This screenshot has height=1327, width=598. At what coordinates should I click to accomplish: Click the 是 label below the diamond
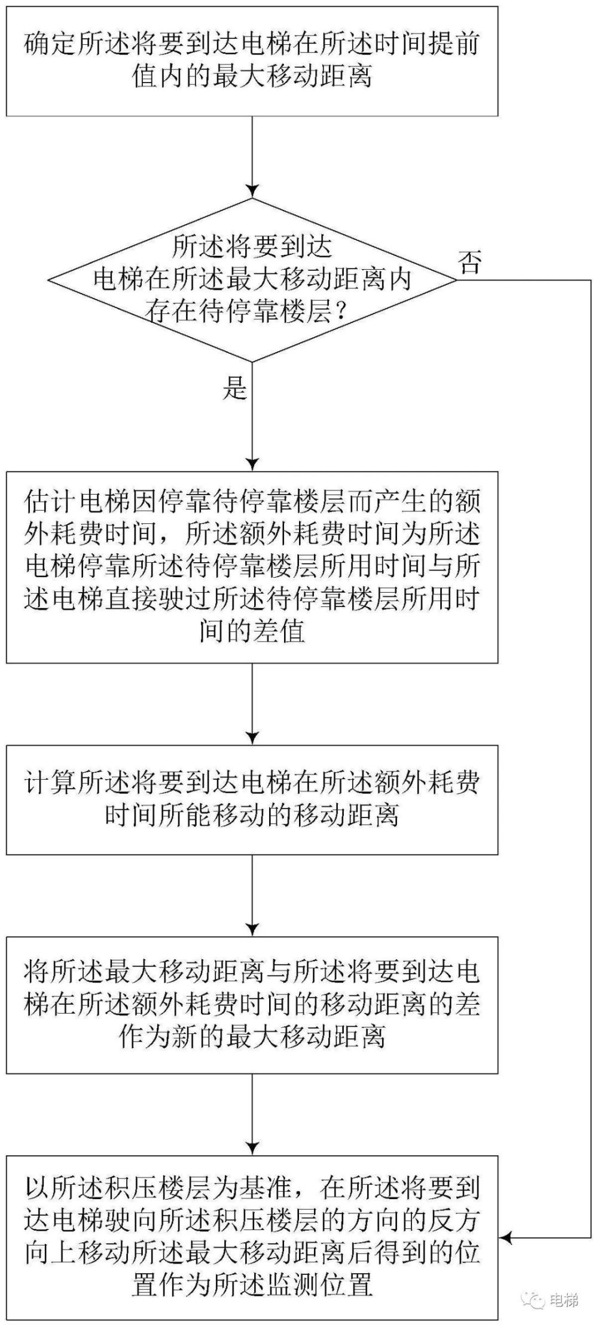click(x=235, y=389)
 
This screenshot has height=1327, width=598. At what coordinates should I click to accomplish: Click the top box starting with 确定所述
click(x=252, y=61)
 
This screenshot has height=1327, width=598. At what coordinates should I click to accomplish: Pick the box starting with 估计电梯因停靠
click(x=252, y=567)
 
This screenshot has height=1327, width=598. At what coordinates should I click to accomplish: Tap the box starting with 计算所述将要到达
click(x=252, y=799)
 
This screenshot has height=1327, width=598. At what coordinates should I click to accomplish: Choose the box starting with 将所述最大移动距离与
click(x=252, y=1005)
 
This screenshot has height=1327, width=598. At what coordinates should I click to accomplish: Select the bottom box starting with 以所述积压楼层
click(x=252, y=1236)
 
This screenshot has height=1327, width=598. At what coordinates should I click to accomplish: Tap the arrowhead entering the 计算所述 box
click(x=252, y=738)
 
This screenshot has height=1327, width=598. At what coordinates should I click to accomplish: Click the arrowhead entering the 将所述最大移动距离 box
click(x=252, y=930)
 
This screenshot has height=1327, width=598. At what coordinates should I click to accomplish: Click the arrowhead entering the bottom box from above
click(x=252, y=1149)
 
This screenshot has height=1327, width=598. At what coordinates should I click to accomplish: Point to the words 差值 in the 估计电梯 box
click(x=282, y=632)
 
